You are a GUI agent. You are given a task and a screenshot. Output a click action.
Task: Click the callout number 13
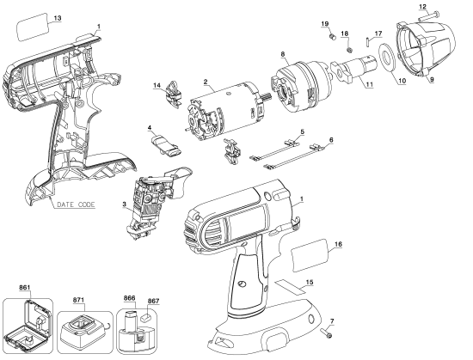(58, 18)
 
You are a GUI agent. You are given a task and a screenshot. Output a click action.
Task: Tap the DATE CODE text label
(76, 204)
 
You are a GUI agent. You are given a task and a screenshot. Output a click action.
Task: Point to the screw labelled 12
(428, 16)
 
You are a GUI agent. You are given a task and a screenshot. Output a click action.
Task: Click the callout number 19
(324, 24)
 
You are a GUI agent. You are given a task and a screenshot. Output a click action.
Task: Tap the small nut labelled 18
(350, 49)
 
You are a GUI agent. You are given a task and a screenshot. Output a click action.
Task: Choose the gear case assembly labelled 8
(302, 87)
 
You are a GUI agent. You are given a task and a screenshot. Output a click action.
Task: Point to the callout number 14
(157, 85)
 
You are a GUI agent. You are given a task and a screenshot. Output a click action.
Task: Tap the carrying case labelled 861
(27, 326)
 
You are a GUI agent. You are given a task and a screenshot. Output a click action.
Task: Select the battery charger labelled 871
(82, 332)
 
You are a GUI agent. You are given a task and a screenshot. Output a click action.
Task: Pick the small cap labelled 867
(145, 317)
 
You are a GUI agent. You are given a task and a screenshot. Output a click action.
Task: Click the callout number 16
(338, 244)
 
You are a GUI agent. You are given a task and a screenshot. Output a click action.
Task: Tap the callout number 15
(310, 282)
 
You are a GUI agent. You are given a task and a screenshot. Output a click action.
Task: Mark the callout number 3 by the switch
(125, 204)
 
